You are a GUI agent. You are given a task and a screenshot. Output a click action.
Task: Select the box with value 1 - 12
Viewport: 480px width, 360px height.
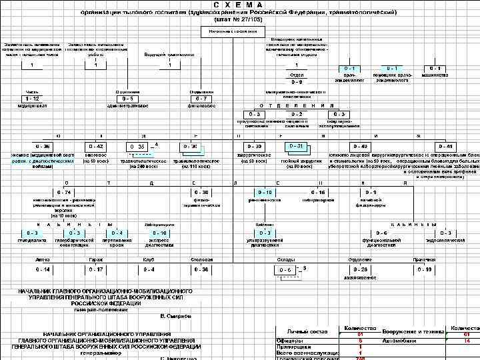(x=31, y=99)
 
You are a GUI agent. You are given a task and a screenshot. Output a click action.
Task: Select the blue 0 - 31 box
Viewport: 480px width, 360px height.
(x=296, y=146)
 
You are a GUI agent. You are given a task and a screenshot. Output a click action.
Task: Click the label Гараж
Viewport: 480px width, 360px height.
(x=95, y=259)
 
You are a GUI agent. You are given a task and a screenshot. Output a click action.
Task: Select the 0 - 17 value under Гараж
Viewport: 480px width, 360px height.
(x=95, y=269)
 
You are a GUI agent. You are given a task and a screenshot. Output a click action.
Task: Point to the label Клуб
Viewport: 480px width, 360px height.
(x=149, y=259)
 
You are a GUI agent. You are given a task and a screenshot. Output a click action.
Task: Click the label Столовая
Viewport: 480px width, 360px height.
(x=201, y=259)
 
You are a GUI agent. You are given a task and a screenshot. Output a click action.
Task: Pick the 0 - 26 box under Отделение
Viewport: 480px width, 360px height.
(x=361, y=269)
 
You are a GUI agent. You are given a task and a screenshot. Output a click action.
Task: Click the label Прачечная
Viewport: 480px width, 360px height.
(x=424, y=259)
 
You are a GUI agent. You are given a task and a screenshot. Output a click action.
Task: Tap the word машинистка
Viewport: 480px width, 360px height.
(x=435, y=75)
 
